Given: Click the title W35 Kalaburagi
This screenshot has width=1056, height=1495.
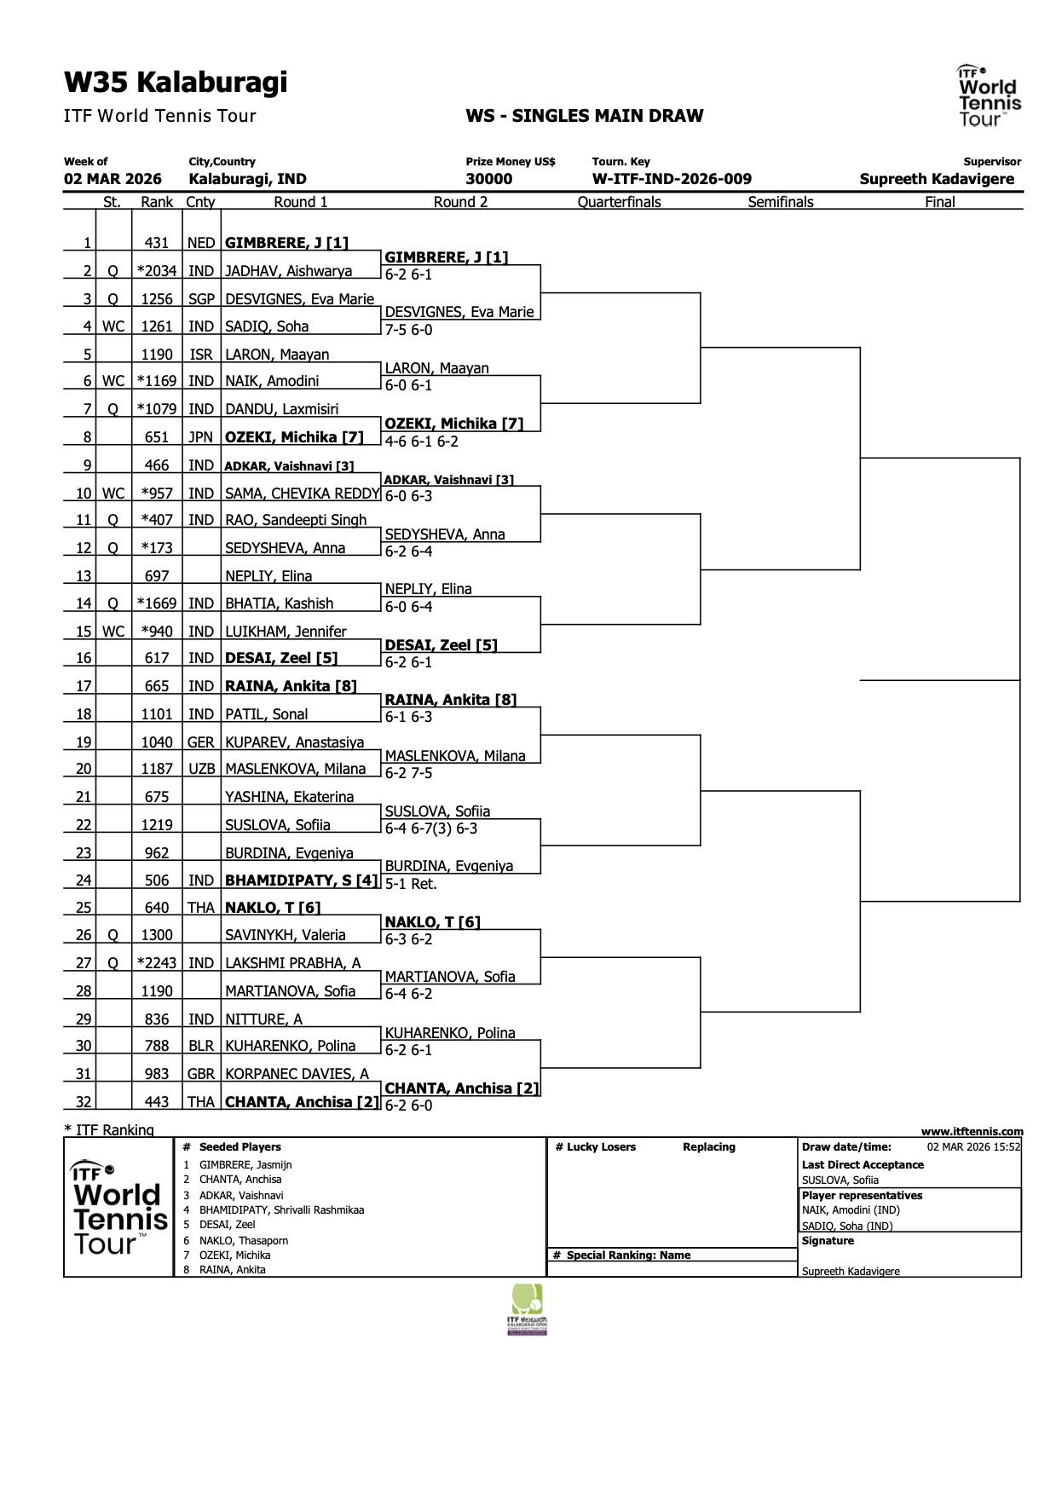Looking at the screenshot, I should point(176,83).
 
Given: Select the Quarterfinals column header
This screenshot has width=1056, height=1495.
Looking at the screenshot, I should point(619,202).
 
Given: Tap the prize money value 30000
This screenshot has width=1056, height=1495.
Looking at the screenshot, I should point(489,179).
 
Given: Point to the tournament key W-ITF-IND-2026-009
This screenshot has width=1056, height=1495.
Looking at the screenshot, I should point(672,179).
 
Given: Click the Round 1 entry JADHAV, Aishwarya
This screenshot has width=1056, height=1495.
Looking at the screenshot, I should point(288,271).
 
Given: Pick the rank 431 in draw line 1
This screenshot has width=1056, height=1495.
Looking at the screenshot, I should point(157,243).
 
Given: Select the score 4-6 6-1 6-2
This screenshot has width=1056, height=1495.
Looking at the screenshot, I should point(422,442).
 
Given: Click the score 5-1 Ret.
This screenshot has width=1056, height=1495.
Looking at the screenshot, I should point(411,884).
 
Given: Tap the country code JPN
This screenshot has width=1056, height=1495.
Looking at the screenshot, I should point(200,437).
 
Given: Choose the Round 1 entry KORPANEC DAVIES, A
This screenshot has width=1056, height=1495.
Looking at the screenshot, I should point(297,1074).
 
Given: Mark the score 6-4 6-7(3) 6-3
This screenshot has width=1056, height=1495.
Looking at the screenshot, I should point(431,828).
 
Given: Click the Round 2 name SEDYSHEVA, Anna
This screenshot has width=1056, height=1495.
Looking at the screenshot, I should point(445,534).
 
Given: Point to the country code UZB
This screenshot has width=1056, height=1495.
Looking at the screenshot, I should point(201,769).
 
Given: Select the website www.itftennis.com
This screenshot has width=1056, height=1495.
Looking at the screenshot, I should point(972,1132).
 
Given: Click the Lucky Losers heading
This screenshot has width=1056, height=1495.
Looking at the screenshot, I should point(595,1147).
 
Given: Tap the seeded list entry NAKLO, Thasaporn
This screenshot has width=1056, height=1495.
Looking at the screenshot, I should point(244,1241).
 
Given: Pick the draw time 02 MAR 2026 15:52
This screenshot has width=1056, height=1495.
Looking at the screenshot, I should point(973,1147).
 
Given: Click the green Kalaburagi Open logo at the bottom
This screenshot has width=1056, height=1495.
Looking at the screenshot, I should point(528,1309).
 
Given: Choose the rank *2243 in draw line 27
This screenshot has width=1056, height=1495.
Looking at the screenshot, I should point(157,963).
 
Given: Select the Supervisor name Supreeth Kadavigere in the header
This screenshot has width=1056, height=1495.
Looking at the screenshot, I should point(937,179).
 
